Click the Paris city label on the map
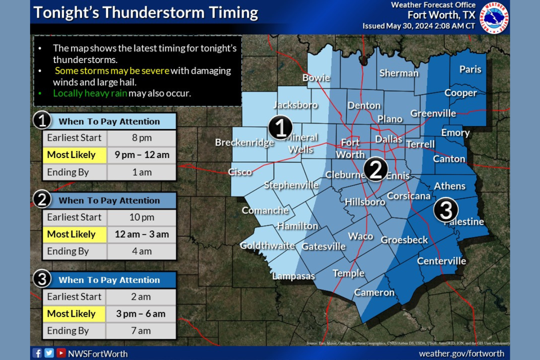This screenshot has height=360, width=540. (x=470, y=69)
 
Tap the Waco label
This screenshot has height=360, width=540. (x=360, y=236)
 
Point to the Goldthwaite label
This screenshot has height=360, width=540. (x=267, y=246)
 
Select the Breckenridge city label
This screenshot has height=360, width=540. (x=244, y=143)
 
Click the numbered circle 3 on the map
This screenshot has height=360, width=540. (x=446, y=210)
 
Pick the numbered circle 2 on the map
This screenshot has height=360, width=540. (x=376, y=169)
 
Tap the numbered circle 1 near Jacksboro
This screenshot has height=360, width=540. (x=280, y=128)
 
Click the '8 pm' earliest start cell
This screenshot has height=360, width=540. (x=141, y=138)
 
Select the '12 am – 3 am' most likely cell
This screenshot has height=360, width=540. (x=141, y=234)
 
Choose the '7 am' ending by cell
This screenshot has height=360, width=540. (x=141, y=331)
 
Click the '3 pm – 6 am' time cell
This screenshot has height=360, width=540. (x=141, y=314)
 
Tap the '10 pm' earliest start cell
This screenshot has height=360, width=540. (x=141, y=217)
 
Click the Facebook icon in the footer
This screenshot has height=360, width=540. (x=37, y=353)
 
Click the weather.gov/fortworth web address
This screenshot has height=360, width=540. (x=461, y=353)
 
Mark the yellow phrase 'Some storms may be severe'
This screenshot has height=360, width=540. (x=112, y=71)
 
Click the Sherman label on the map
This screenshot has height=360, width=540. (x=399, y=73)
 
